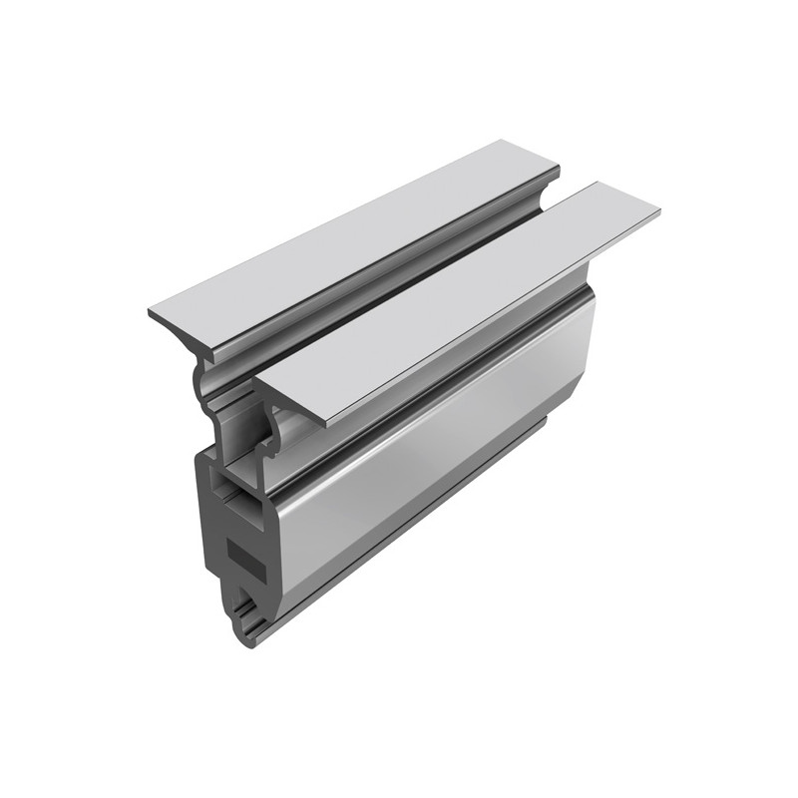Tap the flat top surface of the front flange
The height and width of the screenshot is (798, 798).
tap(459, 299)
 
